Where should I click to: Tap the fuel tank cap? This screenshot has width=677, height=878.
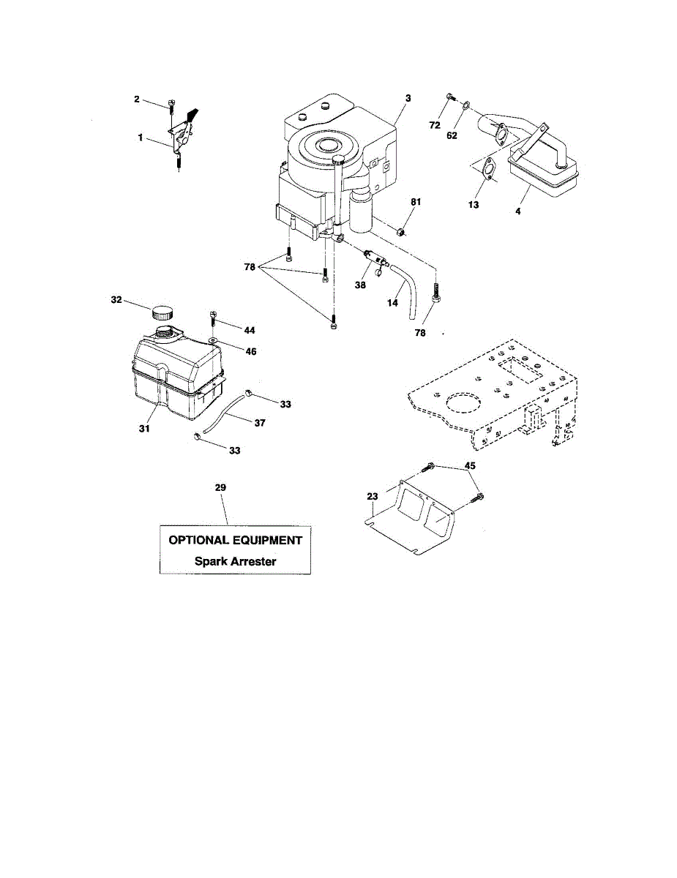(x=162, y=313)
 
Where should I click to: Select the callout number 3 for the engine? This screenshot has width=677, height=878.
(x=408, y=97)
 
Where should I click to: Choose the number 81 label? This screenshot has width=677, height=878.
(x=416, y=201)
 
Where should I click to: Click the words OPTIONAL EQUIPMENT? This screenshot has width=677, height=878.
(x=235, y=541)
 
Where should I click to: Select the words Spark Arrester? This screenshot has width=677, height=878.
(x=235, y=562)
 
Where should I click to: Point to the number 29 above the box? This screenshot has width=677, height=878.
(x=221, y=487)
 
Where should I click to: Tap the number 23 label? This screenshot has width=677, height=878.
(x=373, y=496)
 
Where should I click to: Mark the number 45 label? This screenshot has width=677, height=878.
(x=470, y=466)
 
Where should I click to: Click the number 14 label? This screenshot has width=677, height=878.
(x=393, y=301)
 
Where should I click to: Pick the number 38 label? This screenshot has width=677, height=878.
(x=360, y=286)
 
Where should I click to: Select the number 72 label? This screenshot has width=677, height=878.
(x=435, y=125)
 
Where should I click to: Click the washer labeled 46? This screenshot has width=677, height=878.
(x=212, y=341)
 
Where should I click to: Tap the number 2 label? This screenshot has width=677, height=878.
(x=137, y=99)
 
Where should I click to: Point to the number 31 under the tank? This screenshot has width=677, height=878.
(x=144, y=427)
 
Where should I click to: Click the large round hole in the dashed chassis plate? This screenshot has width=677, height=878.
(x=459, y=407)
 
